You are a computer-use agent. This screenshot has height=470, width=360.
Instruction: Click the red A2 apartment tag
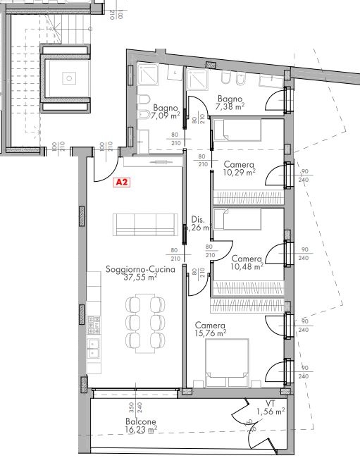(122, 183)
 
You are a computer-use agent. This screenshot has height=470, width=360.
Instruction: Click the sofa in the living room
(145, 225)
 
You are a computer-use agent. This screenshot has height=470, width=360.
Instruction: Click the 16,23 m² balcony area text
(123, 430)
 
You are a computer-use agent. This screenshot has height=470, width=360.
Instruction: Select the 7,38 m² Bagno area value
(230, 106)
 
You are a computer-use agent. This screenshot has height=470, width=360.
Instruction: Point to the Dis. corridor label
(198, 219)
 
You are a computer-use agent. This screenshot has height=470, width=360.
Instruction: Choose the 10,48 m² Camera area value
(246, 266)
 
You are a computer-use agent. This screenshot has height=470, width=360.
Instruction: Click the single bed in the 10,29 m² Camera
(237, 130)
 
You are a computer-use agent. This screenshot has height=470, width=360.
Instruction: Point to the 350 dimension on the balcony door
(130, 407)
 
